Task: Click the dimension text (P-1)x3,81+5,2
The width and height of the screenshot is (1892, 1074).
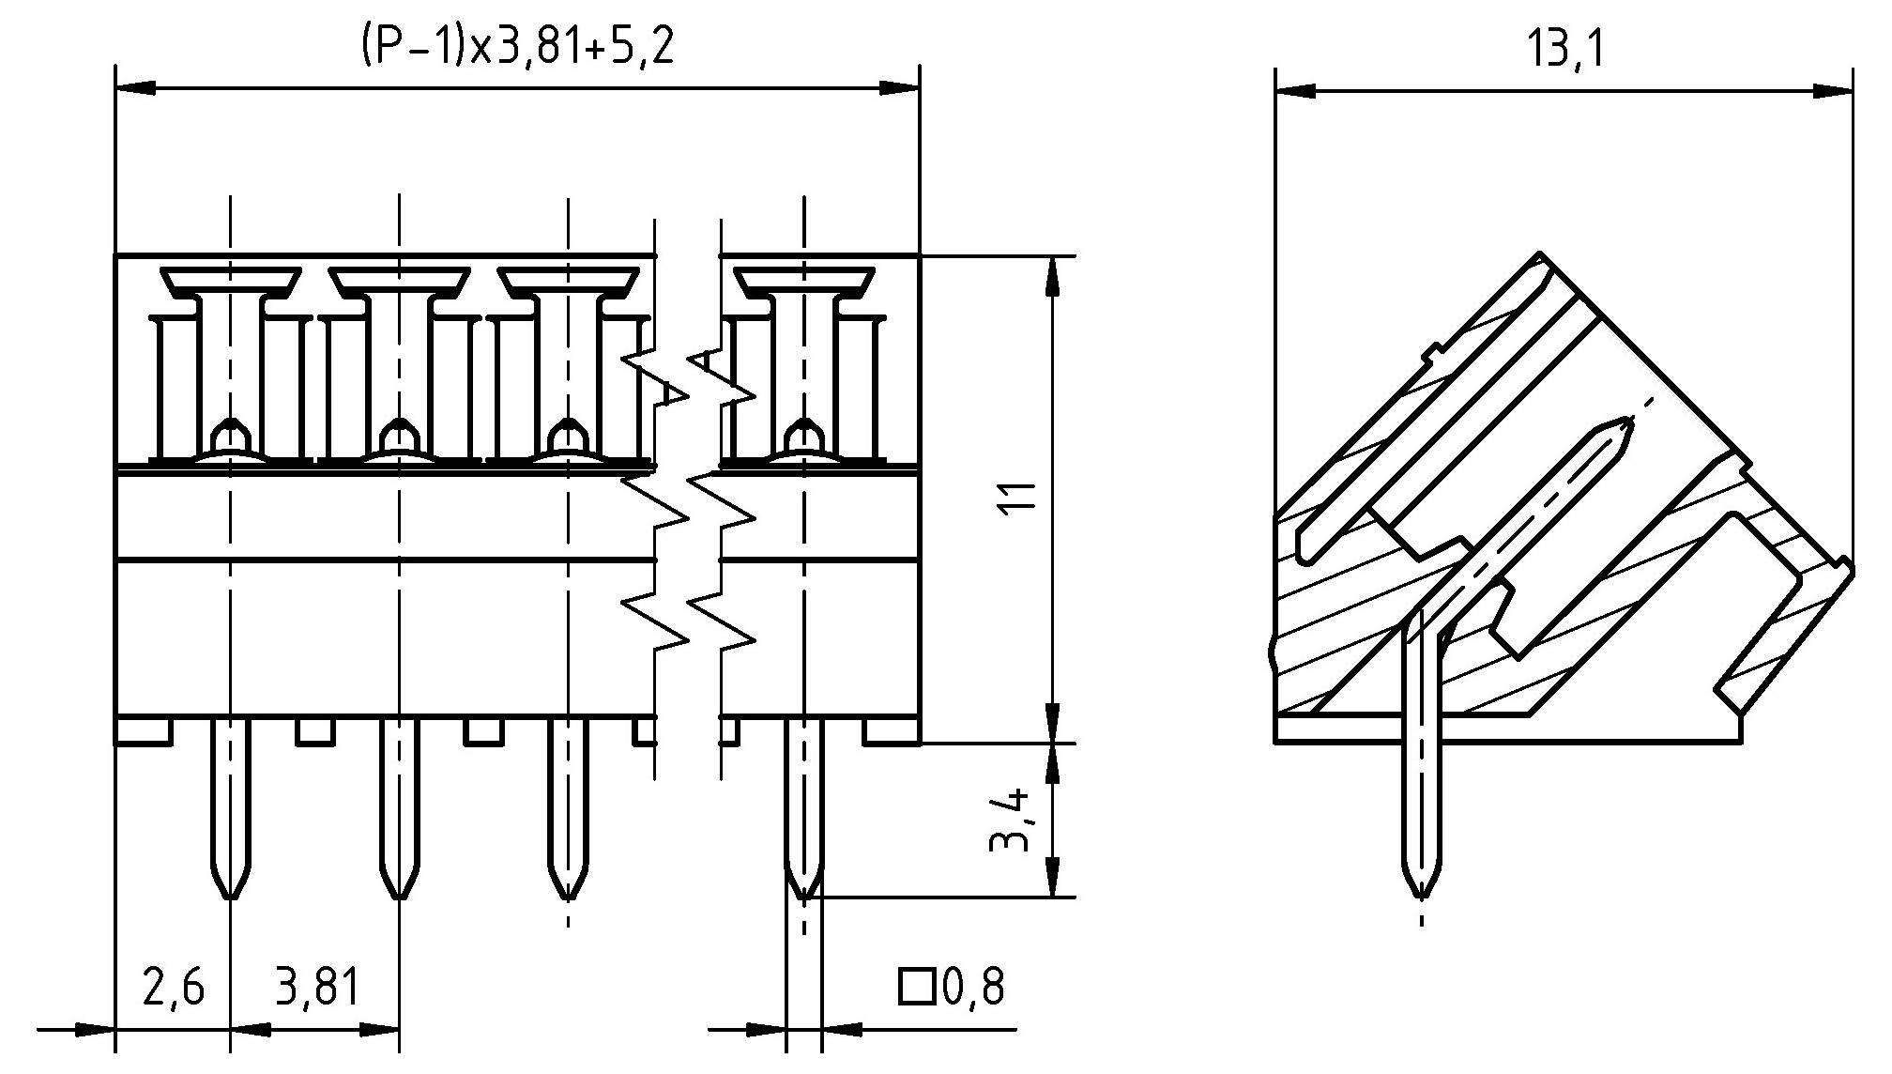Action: (517, 47)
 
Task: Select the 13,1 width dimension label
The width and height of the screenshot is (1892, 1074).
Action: (1565, 49)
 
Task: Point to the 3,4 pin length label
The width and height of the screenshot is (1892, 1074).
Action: (1012, 820)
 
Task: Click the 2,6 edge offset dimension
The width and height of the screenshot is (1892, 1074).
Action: (173, 988)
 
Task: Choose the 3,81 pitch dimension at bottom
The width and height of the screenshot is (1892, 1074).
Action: (316, 988)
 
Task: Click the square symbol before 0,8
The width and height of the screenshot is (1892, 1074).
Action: (915, 987)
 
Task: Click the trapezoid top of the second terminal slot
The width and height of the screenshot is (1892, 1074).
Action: (399, 279)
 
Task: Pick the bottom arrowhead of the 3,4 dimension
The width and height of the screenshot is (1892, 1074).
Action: (1052, 878)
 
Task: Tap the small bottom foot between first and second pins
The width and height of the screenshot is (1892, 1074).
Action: (315, 731)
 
